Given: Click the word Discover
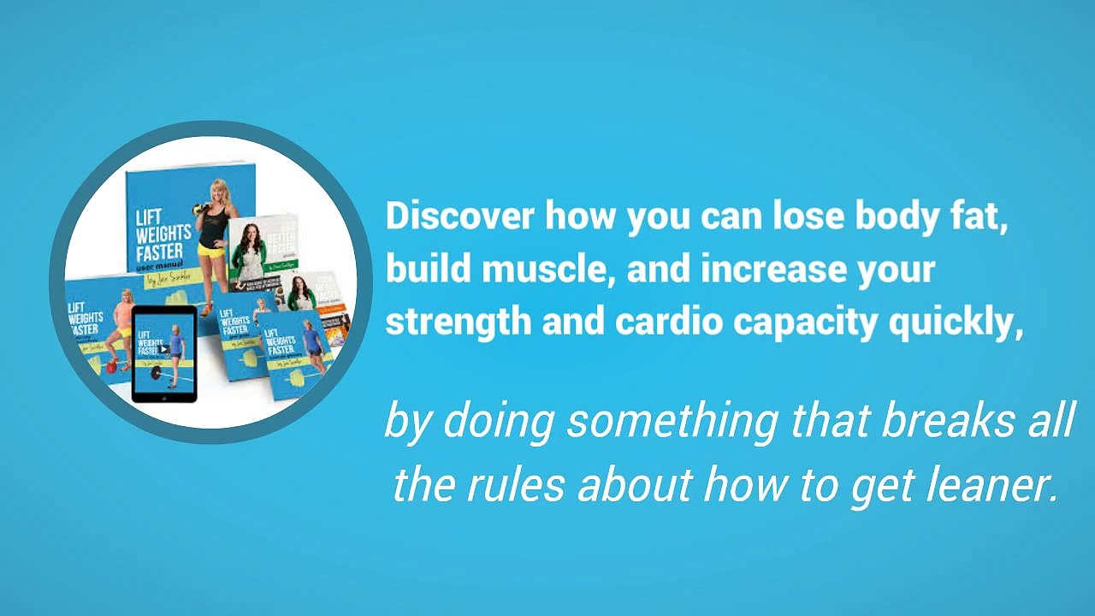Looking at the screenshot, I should [x=460, y=216].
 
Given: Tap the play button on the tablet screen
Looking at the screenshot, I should [x=163, y=349].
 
